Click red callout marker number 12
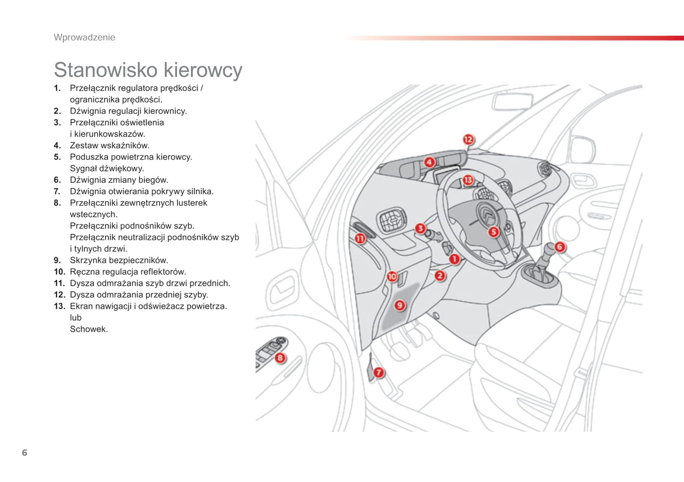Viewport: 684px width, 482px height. click(x=468, y=139)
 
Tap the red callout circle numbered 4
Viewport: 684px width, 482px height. click(x=429, y=162)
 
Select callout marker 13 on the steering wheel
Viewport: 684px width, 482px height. click(x=468, y=180)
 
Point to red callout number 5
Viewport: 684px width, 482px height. click(x=493, y=232)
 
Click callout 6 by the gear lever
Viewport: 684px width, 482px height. click(x=560, y=246)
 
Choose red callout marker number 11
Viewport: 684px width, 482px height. click(x=360, y=238)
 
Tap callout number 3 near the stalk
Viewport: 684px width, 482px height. click(x=420, y=229)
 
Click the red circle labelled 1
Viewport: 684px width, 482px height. click(x=454, y=259)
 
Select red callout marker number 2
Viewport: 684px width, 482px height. click(x=440, y=275)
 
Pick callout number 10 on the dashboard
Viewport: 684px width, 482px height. click(x=392, y=276)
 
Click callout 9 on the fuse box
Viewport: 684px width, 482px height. click(x=400, y=305)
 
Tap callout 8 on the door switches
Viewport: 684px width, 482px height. click(x=280, y=358)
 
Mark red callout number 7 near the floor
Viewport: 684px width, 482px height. click(x=378, y=372)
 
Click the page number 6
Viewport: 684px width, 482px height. click(x=25, y=453)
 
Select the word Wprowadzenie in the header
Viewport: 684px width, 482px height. click(x=84, y=37)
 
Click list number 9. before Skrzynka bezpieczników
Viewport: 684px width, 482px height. click(x=57, y=260)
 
